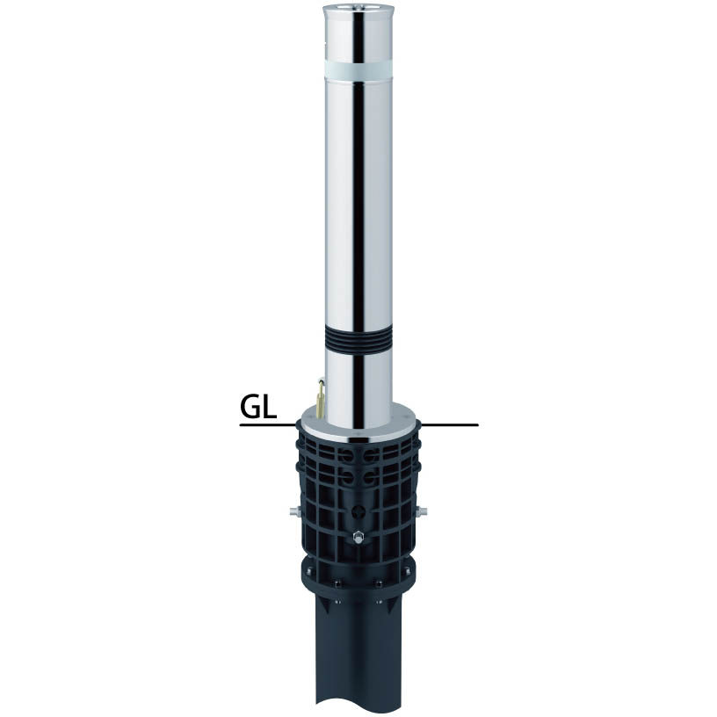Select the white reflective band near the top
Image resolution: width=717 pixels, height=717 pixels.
coord(358,70)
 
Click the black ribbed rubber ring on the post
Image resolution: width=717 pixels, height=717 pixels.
coord(358,341)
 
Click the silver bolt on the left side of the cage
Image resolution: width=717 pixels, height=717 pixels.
coord(294,510)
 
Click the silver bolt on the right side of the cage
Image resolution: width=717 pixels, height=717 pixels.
coord(423,511)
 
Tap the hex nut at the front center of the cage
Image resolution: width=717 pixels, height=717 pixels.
coord(358,535)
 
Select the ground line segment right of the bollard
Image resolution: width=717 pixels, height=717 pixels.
coord(450,425)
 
